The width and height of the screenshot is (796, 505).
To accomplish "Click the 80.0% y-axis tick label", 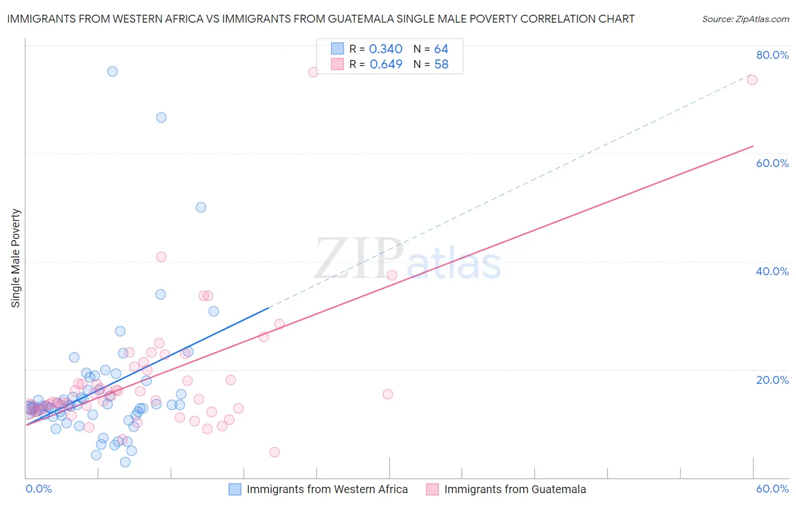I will (772, 55).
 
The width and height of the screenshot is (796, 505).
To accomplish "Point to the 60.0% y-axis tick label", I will (772, 163).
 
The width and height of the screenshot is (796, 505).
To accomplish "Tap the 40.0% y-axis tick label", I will (772, 271).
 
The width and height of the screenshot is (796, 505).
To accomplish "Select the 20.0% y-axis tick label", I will (772, 380).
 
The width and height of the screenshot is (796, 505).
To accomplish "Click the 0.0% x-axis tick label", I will (38, 489).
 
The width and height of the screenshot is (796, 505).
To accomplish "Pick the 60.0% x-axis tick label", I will (772, 489).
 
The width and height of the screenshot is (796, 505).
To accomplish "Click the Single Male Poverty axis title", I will (16, 258).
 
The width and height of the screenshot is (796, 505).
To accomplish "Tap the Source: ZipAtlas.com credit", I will (745, 19).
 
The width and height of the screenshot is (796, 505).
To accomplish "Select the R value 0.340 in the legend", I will (386, 49).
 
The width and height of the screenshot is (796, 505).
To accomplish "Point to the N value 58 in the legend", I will (441, 65).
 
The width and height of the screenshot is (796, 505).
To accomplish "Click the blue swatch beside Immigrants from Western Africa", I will (235, 489).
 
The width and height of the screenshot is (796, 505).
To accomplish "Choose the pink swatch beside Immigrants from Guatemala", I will (433, 489).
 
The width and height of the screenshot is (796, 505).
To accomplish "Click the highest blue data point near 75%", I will (113, 71).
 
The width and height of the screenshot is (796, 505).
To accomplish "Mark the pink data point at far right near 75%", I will (752, 80).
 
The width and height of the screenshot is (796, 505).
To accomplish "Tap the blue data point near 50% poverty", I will (201, 207).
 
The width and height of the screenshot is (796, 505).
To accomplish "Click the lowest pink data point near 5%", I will (275, 452).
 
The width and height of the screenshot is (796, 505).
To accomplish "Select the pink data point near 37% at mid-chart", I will (392, 276).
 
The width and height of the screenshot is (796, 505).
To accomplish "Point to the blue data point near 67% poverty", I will (161, 118).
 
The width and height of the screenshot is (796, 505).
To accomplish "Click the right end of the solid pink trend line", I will (753, 146).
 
